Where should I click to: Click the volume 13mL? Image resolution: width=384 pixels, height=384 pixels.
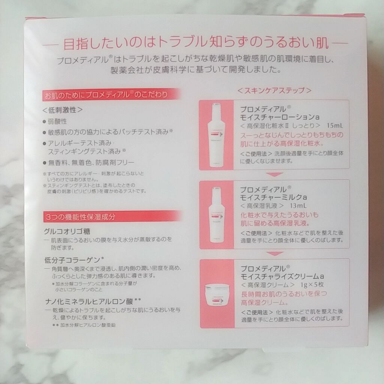point(298,205)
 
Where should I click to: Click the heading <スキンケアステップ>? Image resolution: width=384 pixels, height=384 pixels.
point(274,91)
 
